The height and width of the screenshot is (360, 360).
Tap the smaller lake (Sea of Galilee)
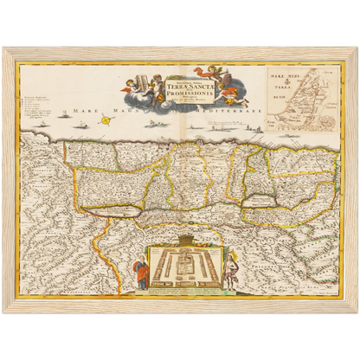click(x=260, y=201)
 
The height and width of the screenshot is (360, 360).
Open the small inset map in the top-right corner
click(x=297, y=93)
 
